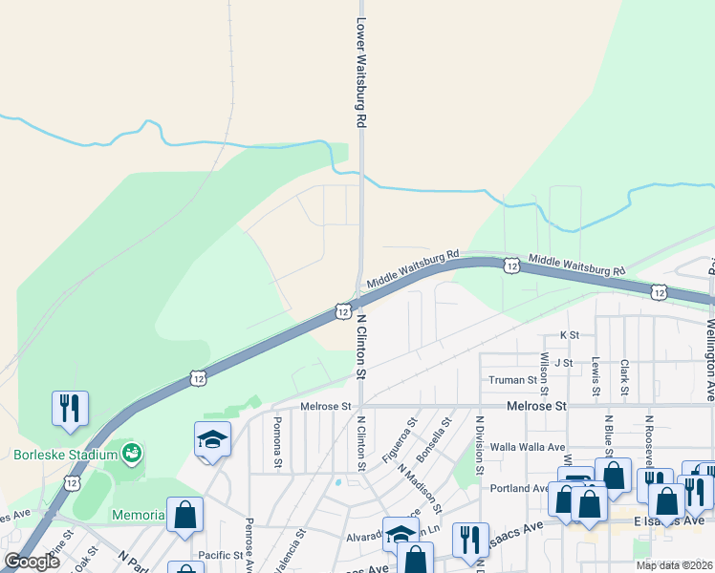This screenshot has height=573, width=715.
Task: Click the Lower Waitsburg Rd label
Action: (x=361, y=73)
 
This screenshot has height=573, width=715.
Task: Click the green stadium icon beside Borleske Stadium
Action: (x=133, y=451)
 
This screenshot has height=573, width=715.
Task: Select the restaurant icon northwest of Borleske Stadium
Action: (x=70, y=408)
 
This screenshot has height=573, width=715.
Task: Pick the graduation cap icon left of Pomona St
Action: (x=212, y=439)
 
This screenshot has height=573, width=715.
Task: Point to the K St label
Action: (x=570, y=335)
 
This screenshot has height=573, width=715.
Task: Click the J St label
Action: (x=562, y=363)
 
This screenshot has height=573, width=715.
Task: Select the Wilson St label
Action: (x=544, y=373)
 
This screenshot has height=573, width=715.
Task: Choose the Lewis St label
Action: (x=596, y=376)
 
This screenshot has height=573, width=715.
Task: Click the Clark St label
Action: (x=624, y=376)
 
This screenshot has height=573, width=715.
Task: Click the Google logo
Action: (x=32, y=562)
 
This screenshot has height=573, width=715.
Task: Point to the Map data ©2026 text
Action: (x=674, y=565)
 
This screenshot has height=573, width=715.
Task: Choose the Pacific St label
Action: (x=221, y=555)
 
